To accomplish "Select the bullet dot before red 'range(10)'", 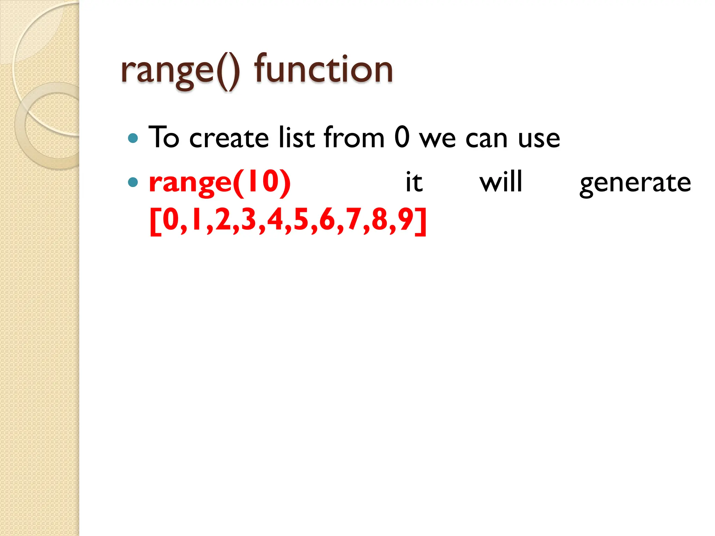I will point(133,182).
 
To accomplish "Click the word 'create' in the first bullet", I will point(229,138).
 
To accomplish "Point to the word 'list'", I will point(297,137).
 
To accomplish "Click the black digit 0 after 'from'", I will point(402,137).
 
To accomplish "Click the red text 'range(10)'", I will point(220,182).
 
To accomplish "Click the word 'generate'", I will point(635,183).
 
